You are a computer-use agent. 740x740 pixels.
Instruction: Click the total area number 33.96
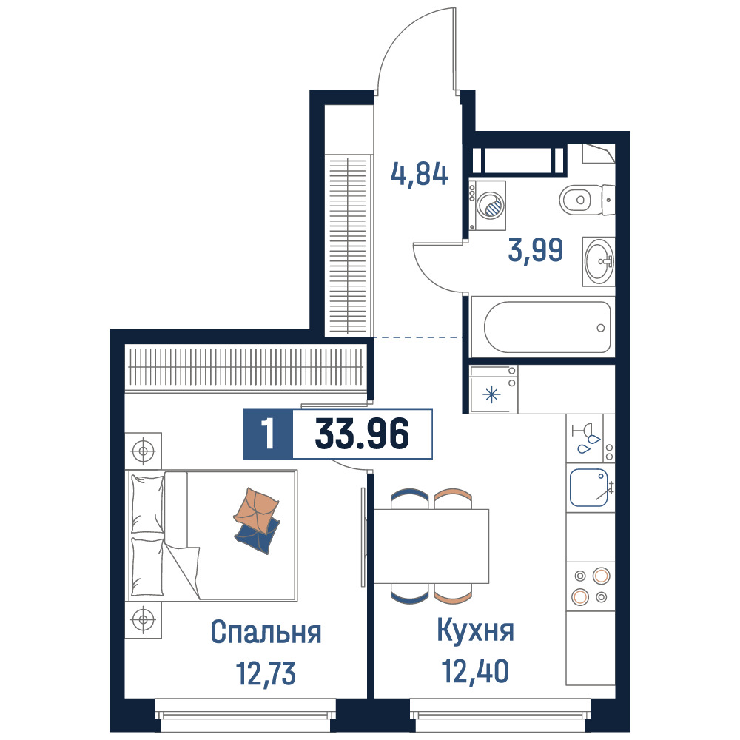tap(362, 434)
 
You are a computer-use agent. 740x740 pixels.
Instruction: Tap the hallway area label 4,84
tap(420, 174)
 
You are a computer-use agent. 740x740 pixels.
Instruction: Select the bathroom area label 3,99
tap(536, 249)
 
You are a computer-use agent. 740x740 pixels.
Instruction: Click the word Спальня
tap(266, 632)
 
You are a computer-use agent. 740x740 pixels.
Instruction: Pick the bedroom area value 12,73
tap(266, 673)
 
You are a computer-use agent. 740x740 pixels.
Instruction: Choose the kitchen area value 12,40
tap(475, 671)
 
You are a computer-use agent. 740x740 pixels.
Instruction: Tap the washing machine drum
tap(491, 206)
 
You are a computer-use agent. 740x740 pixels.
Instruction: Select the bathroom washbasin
tap(599, 261)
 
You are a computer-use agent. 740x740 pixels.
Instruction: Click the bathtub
tap(548, 327)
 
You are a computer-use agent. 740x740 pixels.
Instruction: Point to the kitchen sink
tap(588, 488)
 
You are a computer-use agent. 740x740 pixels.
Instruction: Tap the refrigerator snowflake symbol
tap(492, 394)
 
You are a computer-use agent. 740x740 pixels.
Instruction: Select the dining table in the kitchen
tap(431, 546)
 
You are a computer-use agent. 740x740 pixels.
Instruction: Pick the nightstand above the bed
tap(144, 451)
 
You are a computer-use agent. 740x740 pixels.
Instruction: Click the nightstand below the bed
tap(144, 619)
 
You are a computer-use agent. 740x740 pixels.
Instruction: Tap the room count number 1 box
tap(268, 434)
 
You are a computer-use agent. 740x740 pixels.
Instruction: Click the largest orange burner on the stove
tap(601, 576)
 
